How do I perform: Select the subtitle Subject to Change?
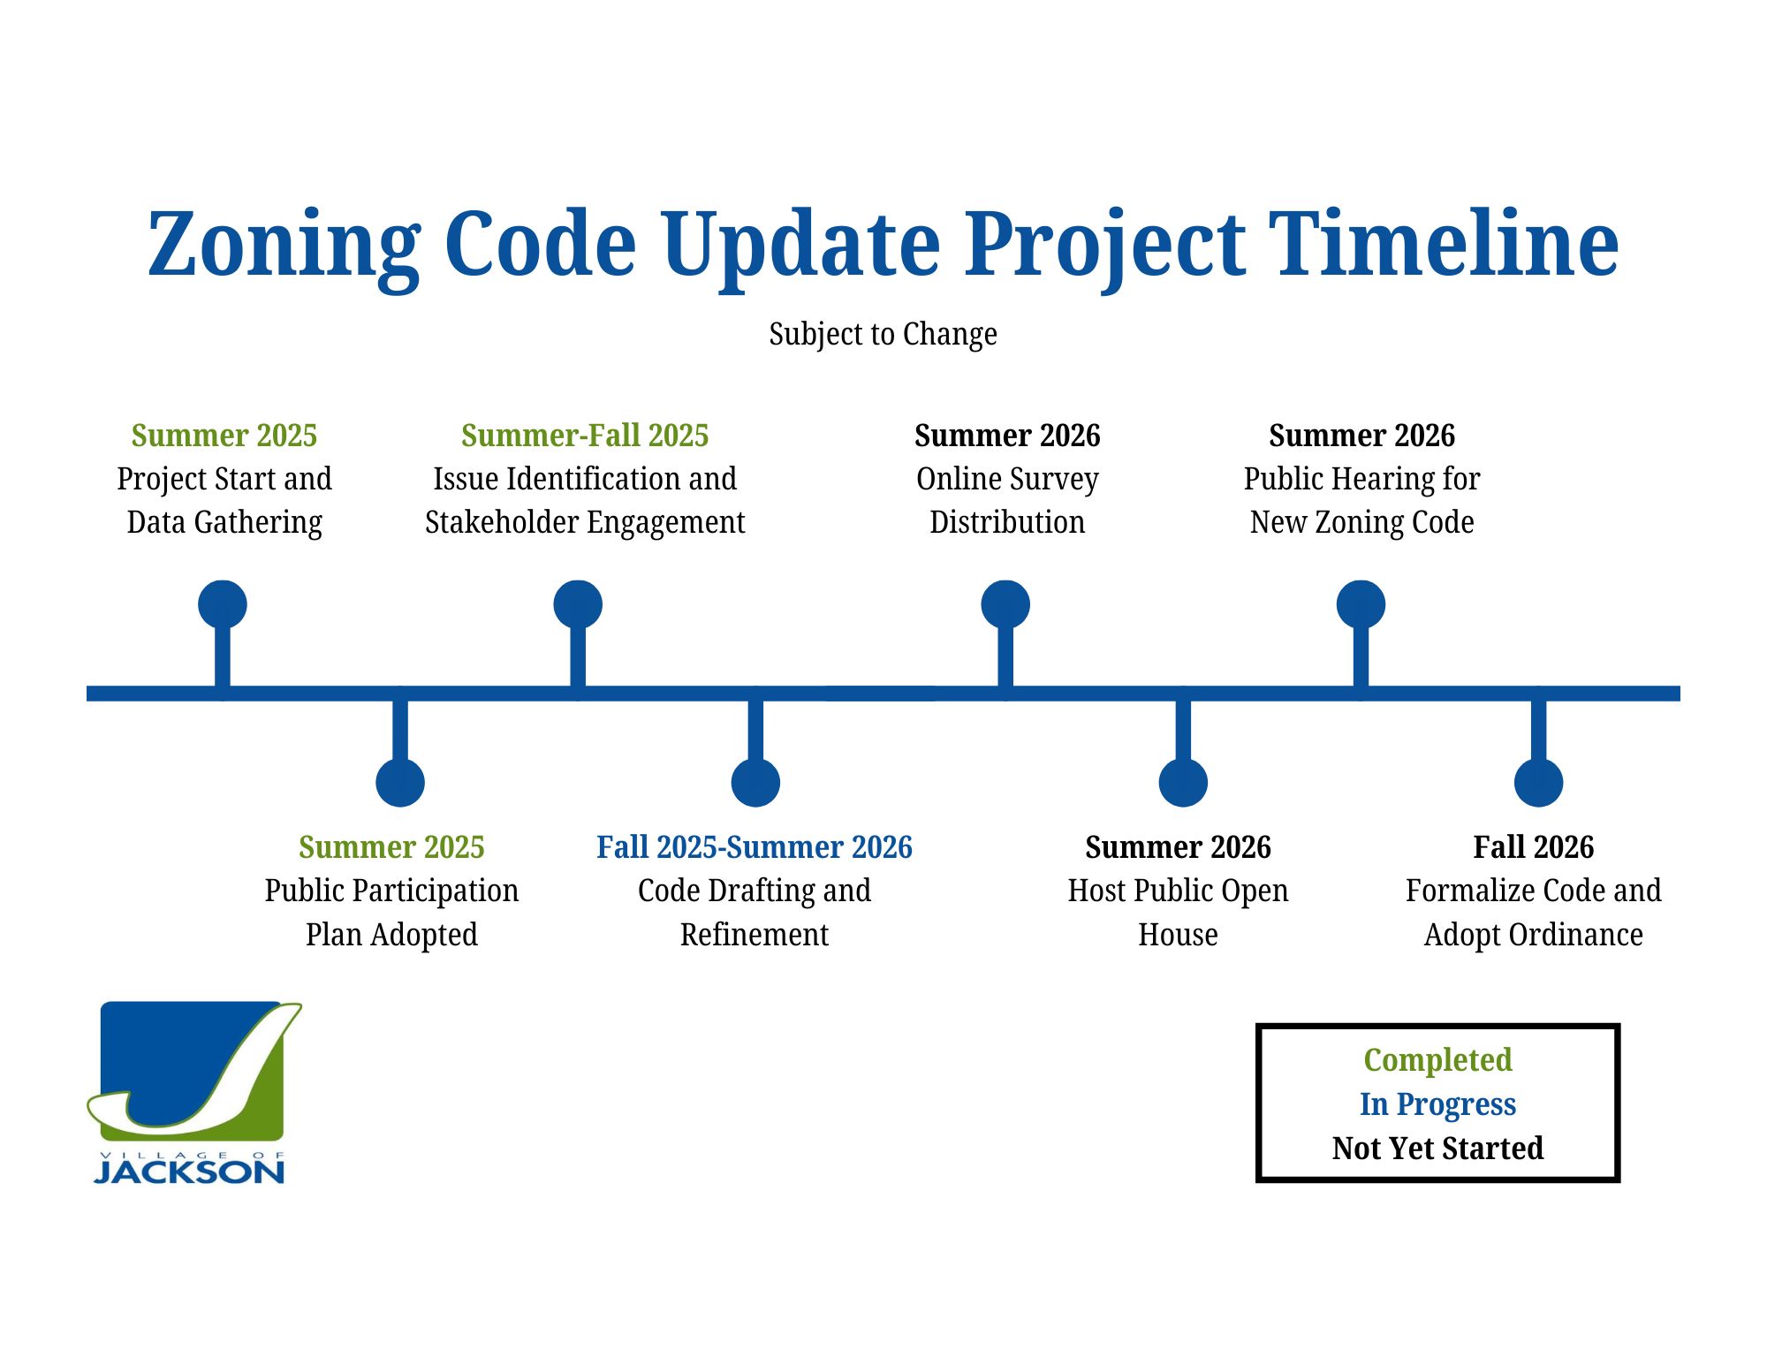click(883, 334)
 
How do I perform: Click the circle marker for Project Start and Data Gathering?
click(223, 604)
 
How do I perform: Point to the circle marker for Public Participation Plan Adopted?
click(400, 782)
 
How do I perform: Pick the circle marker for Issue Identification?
click(578, 604)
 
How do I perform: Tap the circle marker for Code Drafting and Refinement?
click(755, 782)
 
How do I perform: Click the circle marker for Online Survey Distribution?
click(1005, 604)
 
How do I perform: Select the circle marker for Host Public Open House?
click(1183, 782)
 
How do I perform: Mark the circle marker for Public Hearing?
click(1361, 604)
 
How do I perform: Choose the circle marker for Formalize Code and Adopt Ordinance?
click(1538, 782)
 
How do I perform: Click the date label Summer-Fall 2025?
click(585, 436)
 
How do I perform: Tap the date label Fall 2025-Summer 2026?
click(755, 847)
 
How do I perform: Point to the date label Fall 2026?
click(1534, 847)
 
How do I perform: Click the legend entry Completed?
click(1437, 1060)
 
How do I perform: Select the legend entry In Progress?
click(1437, 1104)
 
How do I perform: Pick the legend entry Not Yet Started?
click(1437, 1149)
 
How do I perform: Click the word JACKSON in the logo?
click(189, 1172)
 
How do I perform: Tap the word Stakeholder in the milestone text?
click(507, 522)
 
